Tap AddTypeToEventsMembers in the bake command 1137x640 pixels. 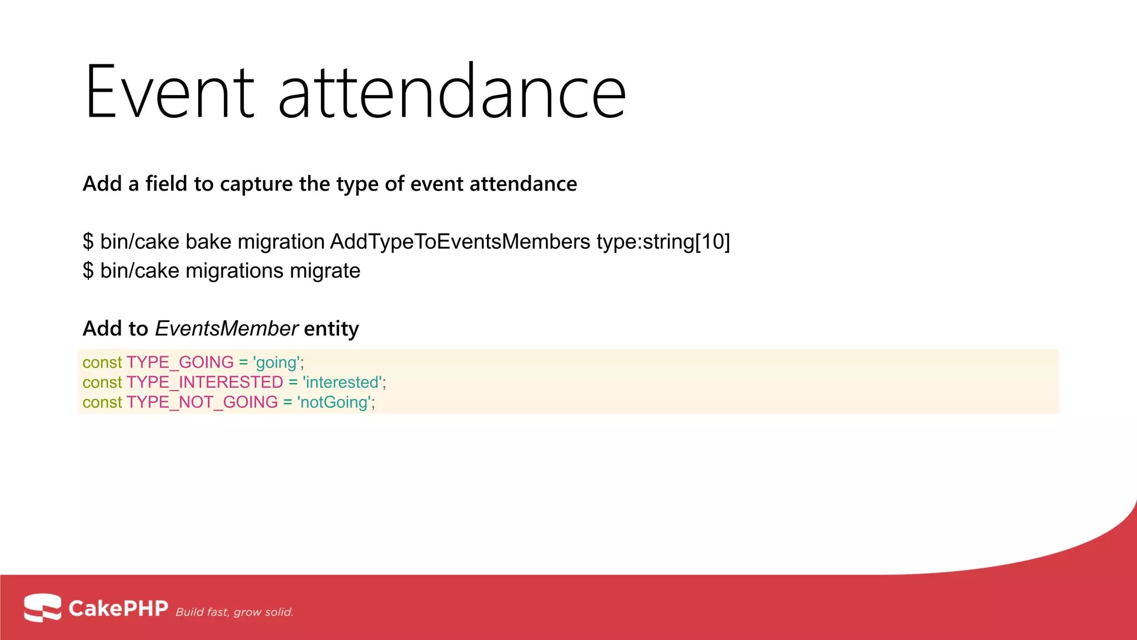tap(460, 242)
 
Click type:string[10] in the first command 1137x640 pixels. tap(663, 242)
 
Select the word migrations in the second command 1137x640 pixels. tap(234, 271)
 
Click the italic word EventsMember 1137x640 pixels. tap(227, 329)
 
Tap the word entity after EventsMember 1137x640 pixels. tap(331, 329)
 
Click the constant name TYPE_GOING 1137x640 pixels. tap(180, 362)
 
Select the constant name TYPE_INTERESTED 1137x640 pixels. tap(205, 382)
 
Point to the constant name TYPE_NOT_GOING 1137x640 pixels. tap(202, 402)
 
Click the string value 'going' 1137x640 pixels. tap(276, 362)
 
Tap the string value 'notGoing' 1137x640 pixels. tap(334, 402)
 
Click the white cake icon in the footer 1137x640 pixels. tap(42, 607)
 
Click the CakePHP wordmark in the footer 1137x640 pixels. tap(118, 608)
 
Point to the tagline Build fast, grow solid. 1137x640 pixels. tap(234, 612)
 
